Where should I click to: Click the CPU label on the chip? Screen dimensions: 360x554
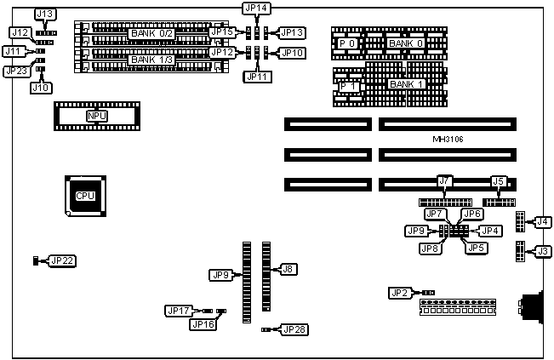[85, 195]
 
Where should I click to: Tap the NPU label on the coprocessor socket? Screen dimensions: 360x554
[96, 115]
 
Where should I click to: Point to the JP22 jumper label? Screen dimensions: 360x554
[61, 260]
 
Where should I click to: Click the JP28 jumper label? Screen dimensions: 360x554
[292, 329]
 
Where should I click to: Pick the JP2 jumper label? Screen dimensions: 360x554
[400, 293]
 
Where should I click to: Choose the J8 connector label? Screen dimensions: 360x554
[288, 269]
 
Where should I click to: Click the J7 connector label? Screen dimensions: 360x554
[443, 181]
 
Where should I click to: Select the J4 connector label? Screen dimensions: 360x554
[541, 222]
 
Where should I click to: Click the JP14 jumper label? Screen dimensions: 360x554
[256, 9]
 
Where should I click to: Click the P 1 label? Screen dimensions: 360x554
[346, 85]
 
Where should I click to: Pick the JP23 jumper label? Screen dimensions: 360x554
[16, 71]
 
